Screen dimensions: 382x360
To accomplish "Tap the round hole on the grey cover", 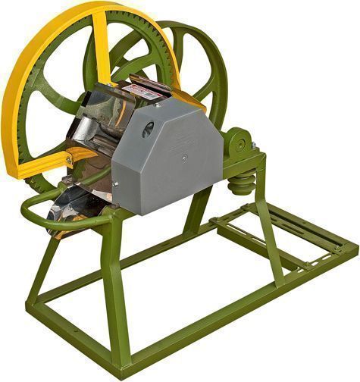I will (148, 129).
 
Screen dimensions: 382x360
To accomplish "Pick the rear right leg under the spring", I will (268, 227).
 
